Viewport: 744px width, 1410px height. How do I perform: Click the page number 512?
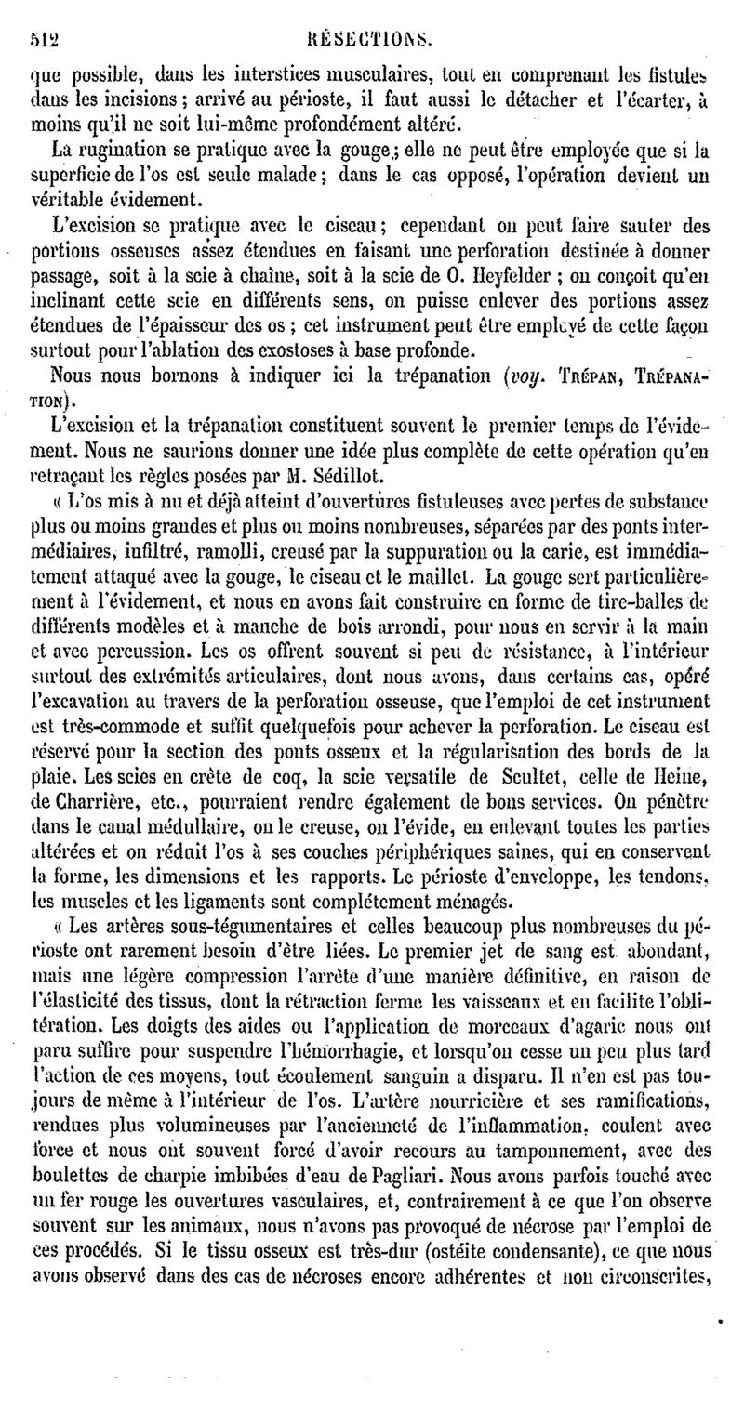43,15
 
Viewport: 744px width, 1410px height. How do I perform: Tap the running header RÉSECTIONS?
379,15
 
